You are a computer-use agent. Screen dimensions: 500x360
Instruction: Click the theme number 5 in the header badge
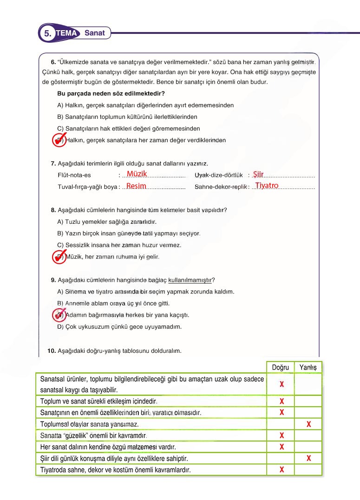coord(47,33)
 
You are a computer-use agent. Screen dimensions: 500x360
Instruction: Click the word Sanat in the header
coord(95,33)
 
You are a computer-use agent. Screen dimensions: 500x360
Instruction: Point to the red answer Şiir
coord(258,174)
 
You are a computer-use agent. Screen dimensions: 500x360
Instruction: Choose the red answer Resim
coord(136,186)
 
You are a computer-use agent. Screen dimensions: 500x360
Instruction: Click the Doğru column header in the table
coord(280,367)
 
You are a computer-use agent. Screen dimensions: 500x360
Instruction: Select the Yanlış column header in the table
coord(308,367)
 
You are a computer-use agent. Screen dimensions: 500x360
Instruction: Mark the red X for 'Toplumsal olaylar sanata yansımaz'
coord(308,424)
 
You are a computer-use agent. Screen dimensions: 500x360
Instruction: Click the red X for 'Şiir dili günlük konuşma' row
coord(308,459)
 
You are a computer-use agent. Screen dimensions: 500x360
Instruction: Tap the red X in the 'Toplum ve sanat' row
coord(281,401)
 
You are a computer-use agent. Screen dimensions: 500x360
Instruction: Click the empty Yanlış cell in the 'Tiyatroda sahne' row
coord(308,470)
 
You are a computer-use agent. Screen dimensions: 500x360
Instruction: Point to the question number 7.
coord(53,163)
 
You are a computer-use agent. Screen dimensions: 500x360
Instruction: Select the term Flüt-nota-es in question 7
coord(74,175)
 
